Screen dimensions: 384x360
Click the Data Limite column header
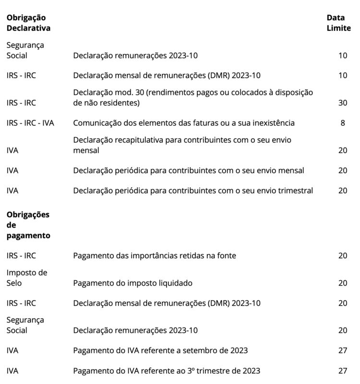338,23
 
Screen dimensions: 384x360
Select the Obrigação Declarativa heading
28,23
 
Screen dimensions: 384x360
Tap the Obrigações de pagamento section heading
28,225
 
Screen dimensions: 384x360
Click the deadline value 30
342,103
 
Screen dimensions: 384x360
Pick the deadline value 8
343,123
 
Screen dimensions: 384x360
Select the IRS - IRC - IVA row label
30,123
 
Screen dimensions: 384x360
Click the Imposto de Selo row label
27,278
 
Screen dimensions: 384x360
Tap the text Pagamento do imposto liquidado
132,283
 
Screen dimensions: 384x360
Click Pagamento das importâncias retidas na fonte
155,256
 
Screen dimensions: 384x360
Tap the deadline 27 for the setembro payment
342,350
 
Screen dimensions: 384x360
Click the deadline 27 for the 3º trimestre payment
342,371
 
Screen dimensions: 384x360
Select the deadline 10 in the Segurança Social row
342,56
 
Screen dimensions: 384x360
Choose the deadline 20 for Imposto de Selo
342,283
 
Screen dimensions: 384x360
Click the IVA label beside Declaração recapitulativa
12,150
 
